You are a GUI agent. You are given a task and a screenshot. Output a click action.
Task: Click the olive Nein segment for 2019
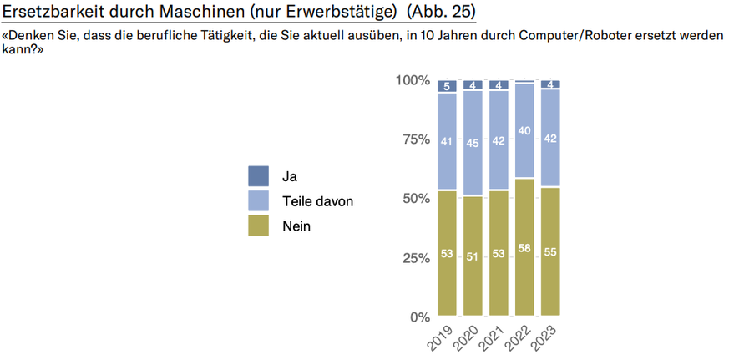pyautogui.click(x=447, y=254)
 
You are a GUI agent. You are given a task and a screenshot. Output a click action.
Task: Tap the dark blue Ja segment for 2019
pyautogui.click(x=447, y=86)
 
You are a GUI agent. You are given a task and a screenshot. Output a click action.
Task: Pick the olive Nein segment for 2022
pyautogui.click(x=524, y=248)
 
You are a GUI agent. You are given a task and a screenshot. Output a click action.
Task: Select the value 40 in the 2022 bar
pyautogui.click(x=524, y=131)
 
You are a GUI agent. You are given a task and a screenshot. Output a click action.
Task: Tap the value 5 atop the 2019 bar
pyautogui.click(x=447, y=86)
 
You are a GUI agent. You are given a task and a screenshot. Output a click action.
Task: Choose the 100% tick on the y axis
pyautogui.click(x=413, y=80)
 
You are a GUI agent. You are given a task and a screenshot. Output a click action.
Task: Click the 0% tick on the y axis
pyautogui.click(x=418, y=317)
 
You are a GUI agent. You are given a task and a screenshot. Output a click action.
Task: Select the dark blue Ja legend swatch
pyautogui.click(x=259, y=176)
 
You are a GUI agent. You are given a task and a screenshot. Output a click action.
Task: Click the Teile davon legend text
pyautogui.click(x=318, y=201)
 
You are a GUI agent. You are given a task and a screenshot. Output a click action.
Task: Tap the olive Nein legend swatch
pyautogui.click(x=259, y=226)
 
